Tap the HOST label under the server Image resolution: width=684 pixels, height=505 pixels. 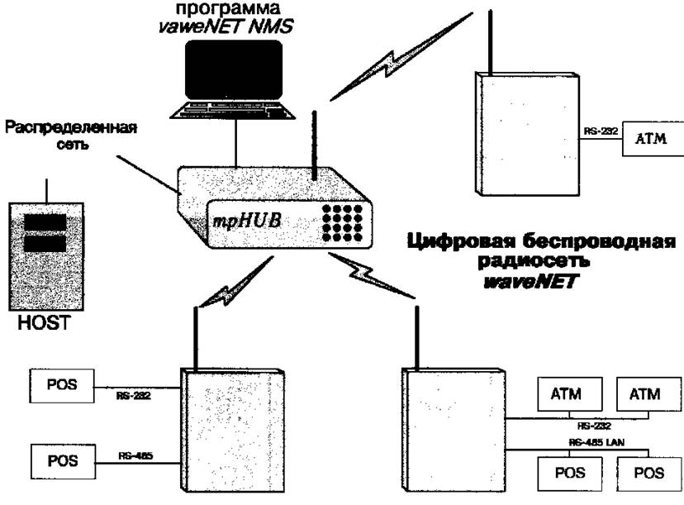click(44, 318)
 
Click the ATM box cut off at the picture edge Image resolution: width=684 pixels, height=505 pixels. click(652, 141)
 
